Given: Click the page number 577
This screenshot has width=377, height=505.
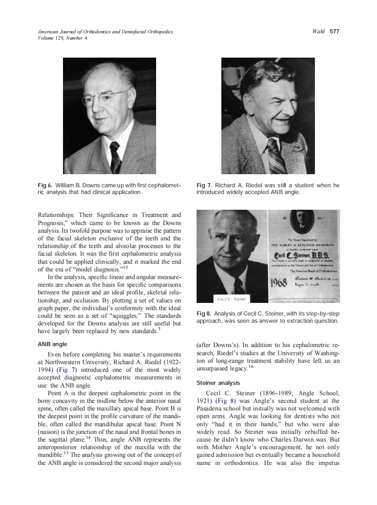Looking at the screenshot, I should [x=334, y=32].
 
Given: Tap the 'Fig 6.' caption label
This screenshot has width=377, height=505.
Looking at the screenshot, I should [x=45, y=185].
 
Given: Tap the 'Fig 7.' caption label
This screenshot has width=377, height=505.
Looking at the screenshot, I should [x=204, y=185].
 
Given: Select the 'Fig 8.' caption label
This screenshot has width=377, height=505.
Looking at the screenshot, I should [x=204, y=313].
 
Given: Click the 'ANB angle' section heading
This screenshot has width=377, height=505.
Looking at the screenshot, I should [x=52, y=344].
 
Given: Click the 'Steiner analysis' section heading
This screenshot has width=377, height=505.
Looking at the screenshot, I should [x=218, y=383].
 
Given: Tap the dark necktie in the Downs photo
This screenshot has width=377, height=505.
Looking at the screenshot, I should [x=115, y=155].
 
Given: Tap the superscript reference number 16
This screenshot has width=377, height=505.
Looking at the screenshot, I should [x=251, y=367].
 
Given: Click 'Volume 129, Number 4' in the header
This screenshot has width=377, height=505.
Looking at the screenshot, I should [x=63, y=38].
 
